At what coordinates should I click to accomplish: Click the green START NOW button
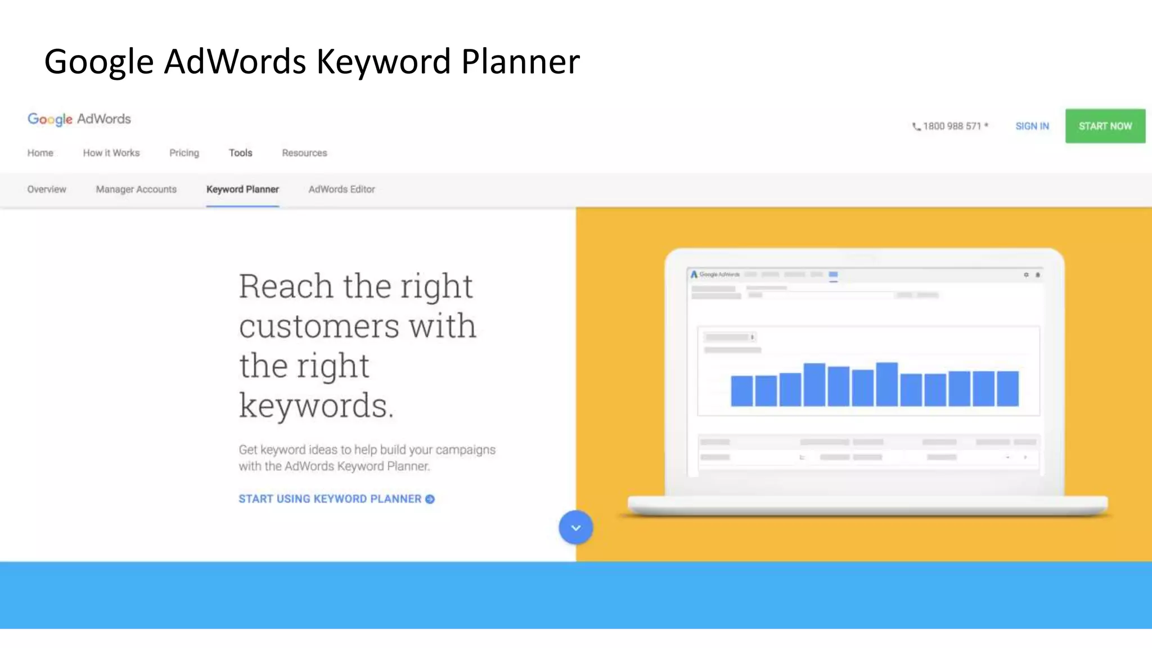(1105, 126)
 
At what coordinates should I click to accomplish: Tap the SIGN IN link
(1032, 126)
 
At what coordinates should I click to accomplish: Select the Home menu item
(40, 153)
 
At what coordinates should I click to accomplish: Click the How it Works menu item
(111, 153)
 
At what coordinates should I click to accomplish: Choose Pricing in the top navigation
(184, 153)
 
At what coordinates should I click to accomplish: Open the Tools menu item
(240, 153)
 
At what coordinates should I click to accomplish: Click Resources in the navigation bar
(304, 153)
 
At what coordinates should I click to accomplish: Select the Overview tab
(47, 190)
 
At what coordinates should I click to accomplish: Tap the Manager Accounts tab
(136, 190)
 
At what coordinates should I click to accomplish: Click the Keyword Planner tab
(242, 190)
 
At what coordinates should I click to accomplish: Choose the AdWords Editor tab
(341, 190)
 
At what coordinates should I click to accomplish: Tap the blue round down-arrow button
(575, 528)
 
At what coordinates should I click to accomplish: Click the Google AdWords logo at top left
(79, 119)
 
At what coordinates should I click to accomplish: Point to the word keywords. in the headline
(316, 405)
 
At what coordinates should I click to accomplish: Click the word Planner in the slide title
(520, 61)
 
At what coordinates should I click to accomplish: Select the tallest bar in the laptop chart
(886, 385)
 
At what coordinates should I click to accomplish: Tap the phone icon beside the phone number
(916, 127)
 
